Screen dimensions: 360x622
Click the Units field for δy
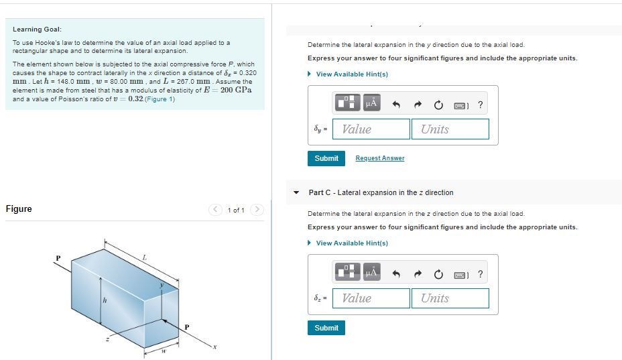point(450,129)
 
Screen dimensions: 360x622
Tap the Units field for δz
point(450,298)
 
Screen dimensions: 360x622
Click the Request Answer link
point(379,158)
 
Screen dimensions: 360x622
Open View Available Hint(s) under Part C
point(351,243)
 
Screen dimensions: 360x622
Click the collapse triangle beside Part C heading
point(296,192)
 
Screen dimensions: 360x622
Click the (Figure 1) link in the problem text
point(161,99)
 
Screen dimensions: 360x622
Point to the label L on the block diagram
point(144,256)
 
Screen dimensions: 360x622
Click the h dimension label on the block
point(105,300)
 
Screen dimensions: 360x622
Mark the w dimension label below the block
point(163,349)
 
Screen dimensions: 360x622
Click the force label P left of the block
point(58,257)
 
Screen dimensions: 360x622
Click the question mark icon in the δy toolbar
point(480,105)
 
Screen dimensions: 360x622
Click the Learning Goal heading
point(38,29)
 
